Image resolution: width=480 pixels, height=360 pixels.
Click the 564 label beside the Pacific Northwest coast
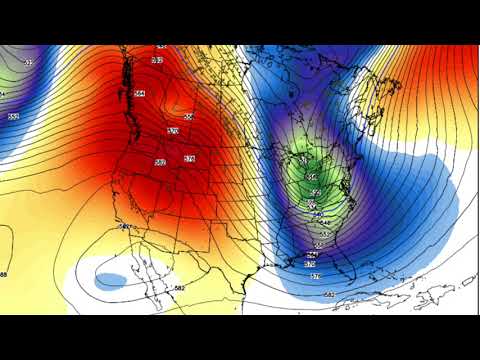point(139,94)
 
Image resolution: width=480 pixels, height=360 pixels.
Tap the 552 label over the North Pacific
point(13,117)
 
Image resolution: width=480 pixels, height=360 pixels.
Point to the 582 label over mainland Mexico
point(179,288)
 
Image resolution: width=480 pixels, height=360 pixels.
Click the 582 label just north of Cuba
point(329,294)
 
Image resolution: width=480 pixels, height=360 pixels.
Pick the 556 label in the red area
point(188,116)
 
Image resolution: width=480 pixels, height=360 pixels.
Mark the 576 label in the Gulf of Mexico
point(314,276)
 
